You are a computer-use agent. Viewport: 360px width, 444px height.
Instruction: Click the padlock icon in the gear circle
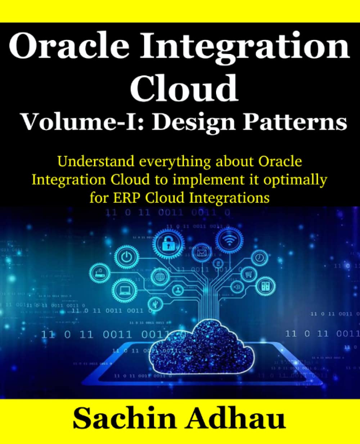(168, 245)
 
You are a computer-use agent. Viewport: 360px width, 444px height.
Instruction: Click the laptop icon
(124, 290)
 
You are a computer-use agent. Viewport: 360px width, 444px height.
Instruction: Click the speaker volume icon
(237, 287)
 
